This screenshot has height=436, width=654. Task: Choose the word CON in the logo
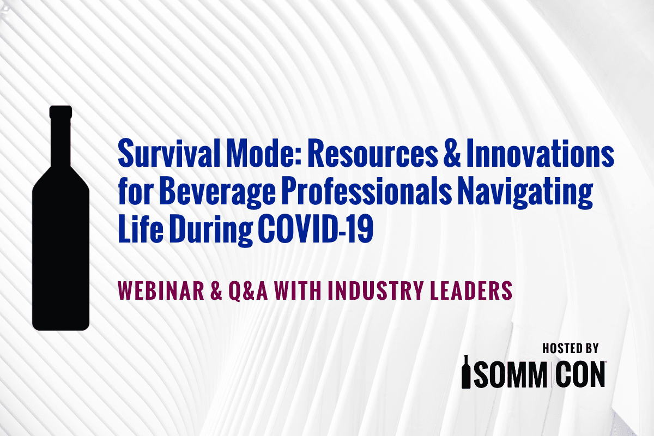tap(582, 373)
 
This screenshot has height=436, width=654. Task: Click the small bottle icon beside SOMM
tap(467, 372)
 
